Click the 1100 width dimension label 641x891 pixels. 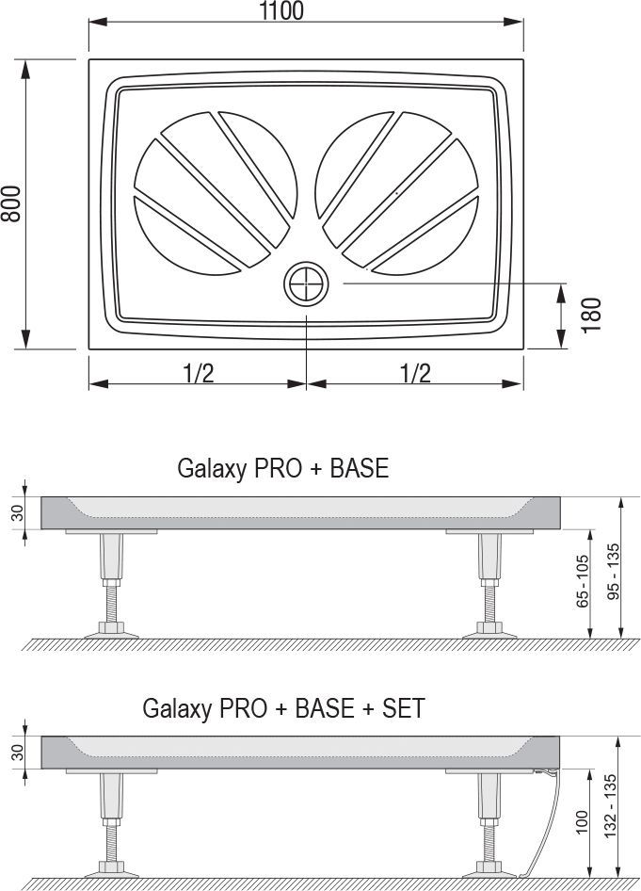click(281, 10)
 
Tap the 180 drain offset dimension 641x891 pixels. click(591, 315)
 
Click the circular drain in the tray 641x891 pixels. click(306, 283)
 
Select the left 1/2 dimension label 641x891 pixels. click(199, 373)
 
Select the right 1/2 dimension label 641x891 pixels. click(416, 373)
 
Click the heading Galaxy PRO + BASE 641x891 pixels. click(282, 468)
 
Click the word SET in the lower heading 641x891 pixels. click(404, 708)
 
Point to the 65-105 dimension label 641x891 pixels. click(583, 581)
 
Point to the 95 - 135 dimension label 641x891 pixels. click(613, 572)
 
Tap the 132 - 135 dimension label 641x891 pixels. click(610, 806)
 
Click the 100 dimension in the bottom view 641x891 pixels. click(582, 822)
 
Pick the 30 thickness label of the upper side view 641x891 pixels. click(18, 512)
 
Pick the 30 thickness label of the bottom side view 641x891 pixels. click(18, 753)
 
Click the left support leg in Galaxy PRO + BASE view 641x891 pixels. click(111, 584)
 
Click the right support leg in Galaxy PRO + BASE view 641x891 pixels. click(489, 584)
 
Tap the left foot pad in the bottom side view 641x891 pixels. click(111, 871)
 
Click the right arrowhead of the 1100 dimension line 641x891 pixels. click(513, 23)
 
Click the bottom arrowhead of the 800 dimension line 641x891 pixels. click(25, 339)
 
